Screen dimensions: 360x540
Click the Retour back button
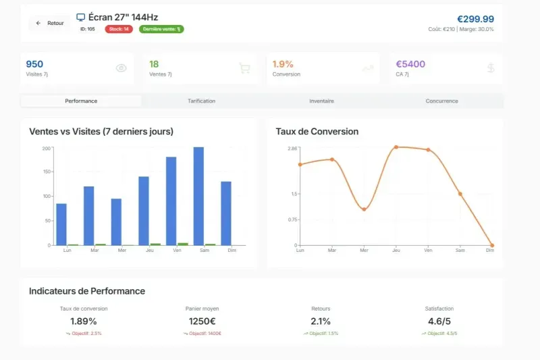50,23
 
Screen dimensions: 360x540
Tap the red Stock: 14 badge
119,29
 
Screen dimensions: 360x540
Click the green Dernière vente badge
161,29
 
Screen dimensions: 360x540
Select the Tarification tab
201,101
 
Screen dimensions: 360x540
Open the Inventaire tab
321,101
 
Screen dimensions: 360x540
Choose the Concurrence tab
441,101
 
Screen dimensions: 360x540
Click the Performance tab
81,101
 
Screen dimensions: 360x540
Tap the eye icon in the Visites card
122,68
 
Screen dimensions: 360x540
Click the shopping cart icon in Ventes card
244,68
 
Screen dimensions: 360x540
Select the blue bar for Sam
198,196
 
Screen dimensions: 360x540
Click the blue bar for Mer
116,222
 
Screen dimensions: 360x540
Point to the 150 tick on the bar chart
47,172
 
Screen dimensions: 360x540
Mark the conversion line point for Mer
364,209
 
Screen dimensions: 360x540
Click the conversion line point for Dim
492,245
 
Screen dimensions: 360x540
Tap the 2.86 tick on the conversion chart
292,148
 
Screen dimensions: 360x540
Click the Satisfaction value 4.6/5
440,322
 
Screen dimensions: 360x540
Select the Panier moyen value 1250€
202,322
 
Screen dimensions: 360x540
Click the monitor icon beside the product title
81,17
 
